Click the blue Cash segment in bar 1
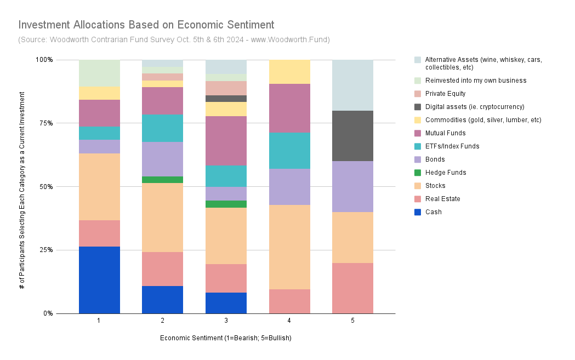pyautogui.click(x=99, y=280)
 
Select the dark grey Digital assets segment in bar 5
pyautogui.click(x=353, y=136)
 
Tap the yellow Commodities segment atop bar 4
pyautogui.click(x=290, y=72)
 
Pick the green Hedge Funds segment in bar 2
pyautogui.click(x=162, y=180)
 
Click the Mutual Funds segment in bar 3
pyautogui.click(x=226, y=141)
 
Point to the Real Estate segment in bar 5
pyautogui.click(x=353, y=288)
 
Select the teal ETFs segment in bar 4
pyautogui.click(x=290, y=151)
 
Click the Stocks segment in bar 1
pyautogui.click(x=99, y=187)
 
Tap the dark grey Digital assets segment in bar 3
pyautogui.click(x=226, y=99)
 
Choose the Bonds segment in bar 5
pyautogui.click(x=353, y=187)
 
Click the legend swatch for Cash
pyautogui.click(x=418, y=212)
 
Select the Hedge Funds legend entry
pyautogui.click(x=440, y=172)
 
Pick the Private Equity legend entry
pyautogui.click(x=440, y=94)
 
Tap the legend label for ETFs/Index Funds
pyautogui.click(x=452, y=146)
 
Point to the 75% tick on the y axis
pyautogui.click(x=47, y=123)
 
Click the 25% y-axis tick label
pyautogui.click(x=47, y=250)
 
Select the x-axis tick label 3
pyautogui.click(x=226, y=321)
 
